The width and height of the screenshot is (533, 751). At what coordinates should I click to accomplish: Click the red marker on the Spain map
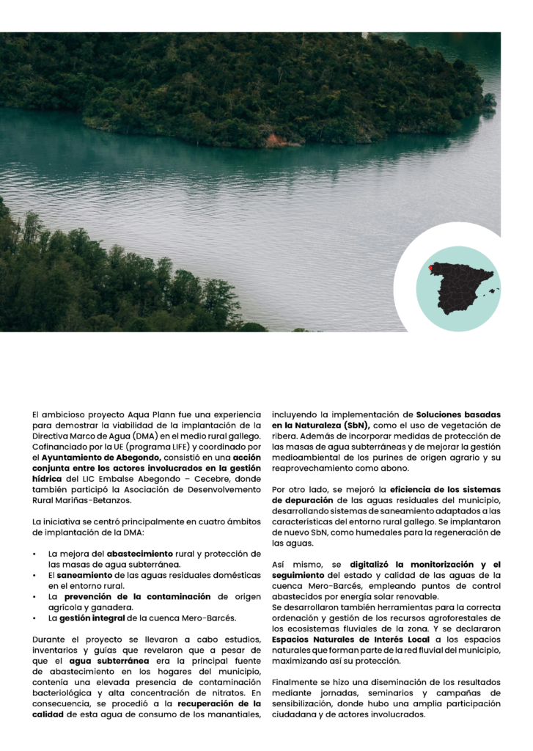pyautogui.click(x=431, y=268)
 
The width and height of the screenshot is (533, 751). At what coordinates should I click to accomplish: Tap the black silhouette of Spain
pyautogui.click(x=460, y=287)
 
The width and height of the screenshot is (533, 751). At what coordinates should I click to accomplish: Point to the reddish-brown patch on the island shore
pyautogui.click(x=276, y=139)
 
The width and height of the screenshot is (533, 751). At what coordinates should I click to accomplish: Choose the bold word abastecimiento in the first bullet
pyautogui.click(x=140, y=553)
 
